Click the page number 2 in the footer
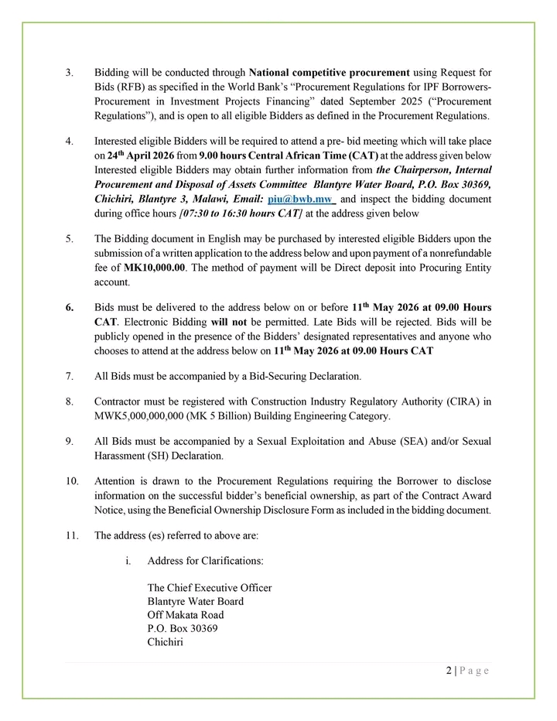click(449, 671)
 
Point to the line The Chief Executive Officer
click(209, 588)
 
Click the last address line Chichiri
click(165, 642)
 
